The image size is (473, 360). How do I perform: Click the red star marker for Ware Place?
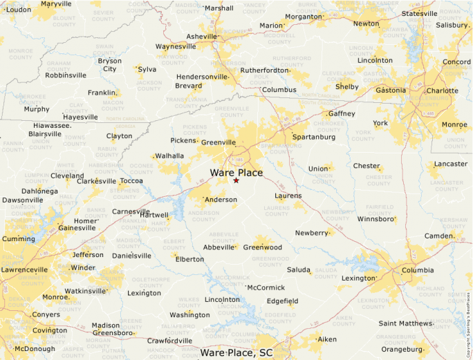[236, 180]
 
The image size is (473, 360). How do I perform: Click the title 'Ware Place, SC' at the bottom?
[236, 353]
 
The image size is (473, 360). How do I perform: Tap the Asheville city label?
[201, 37]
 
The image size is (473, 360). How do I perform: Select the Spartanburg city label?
[313, 137]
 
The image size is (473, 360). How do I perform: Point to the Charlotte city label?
[442, 91]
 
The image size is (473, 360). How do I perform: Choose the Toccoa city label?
[131, 181]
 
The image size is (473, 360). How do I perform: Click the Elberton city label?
[190, 259]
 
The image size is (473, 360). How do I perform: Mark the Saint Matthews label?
[406, 323]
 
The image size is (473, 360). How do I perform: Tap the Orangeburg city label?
[402, 350]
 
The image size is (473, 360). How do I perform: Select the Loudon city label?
[18, 10]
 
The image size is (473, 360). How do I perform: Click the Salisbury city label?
[452, 26]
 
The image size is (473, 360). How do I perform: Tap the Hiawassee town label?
[52, 126]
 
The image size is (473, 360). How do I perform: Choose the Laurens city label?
[288, 196]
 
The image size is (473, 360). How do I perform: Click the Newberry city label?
[312, 233]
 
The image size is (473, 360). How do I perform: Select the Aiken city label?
[326, 339]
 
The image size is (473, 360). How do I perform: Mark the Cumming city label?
[17, 239]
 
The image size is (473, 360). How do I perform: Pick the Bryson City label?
[109, 65]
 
